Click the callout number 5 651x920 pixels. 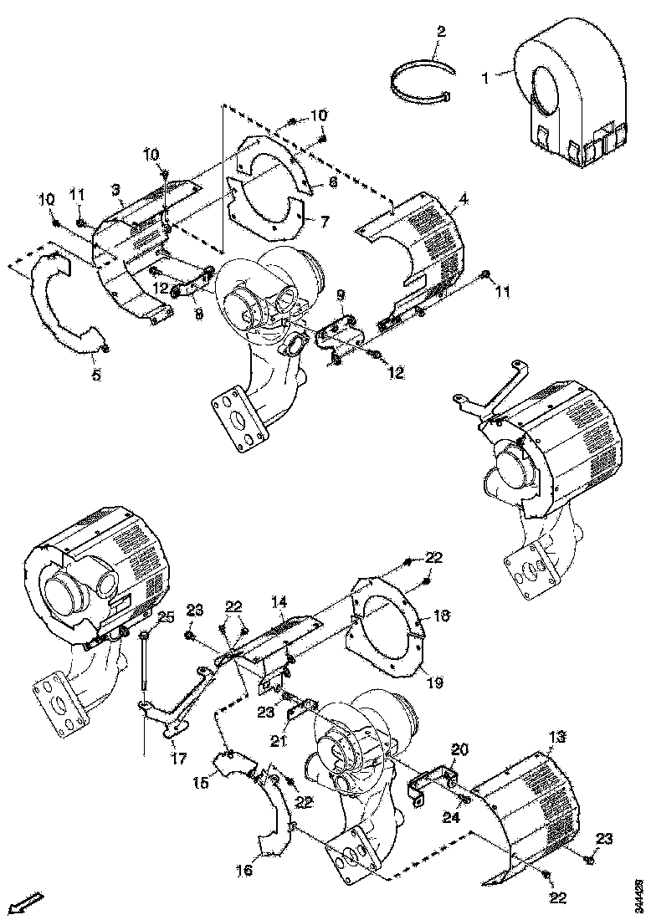click(x=95, y=376)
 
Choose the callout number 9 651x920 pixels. click(x=341, y=295)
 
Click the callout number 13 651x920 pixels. click(x=558, y=737)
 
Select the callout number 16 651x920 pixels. click(x=243, y=871)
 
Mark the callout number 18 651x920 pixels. click(x=443, y=615)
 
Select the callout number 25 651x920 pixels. click(x=165, y=617)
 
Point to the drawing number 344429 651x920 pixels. click(x=640, y=892)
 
